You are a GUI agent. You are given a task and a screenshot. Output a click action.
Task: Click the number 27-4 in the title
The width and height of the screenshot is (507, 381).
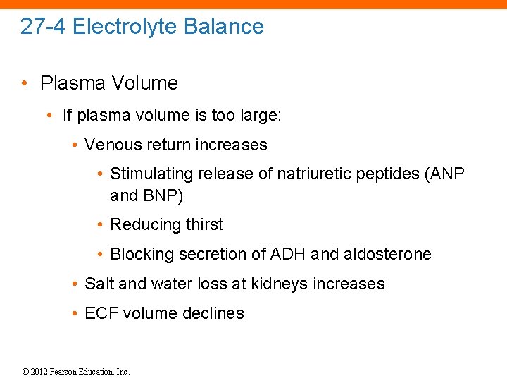pos(43,27)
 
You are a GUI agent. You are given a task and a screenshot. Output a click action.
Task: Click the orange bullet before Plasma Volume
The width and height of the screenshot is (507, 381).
pos(25,83)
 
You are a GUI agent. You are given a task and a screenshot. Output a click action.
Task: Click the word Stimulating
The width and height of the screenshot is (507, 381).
pos(152,174)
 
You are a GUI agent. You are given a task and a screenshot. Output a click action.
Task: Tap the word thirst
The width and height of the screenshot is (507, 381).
pos(204,224)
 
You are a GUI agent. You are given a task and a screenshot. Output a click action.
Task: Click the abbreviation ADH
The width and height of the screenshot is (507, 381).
pos(286,254)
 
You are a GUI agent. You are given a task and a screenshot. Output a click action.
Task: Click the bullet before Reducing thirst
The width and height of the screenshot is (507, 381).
pos(101,225)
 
